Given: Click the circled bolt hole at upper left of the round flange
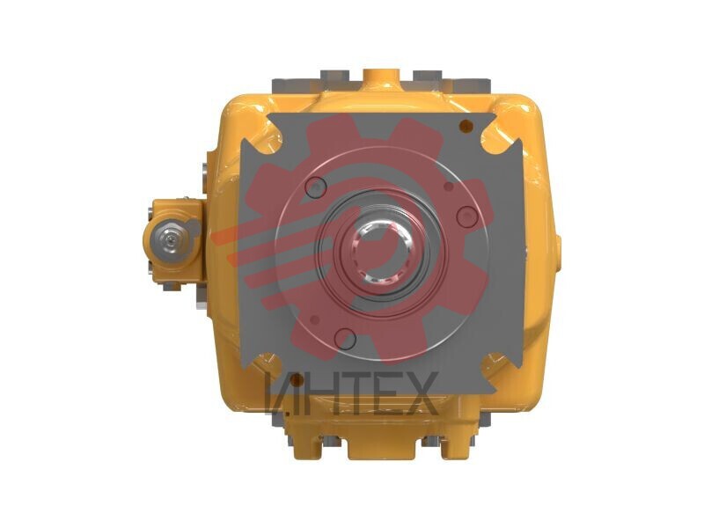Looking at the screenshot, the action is (x=316, y=187).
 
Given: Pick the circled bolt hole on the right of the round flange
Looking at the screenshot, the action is (x=467, y=216).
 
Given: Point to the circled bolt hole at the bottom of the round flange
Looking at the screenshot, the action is (x=345, y=339).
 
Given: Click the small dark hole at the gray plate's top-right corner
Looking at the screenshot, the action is (x=466, y=126).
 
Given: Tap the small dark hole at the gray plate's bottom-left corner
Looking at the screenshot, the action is (x=297, y=381).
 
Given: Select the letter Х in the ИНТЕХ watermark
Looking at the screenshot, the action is (x=420, y=393).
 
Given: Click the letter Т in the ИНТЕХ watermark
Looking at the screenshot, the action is (x=348, y=393).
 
